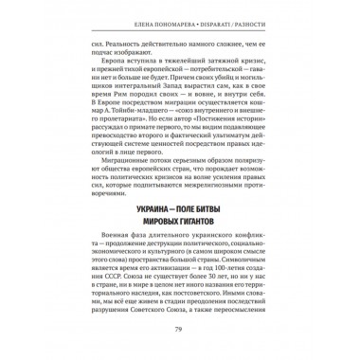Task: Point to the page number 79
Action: tap(179, 328)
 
